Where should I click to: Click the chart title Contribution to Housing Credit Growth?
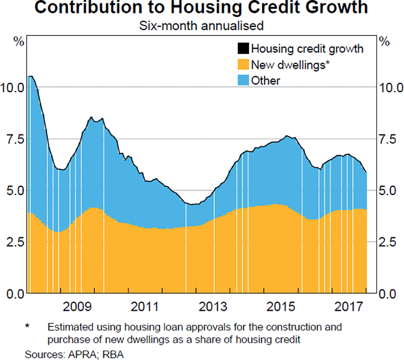[x=201, y=9]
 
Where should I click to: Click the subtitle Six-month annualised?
[x=201, y=26]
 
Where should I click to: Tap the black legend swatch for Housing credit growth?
[x=242, y=48]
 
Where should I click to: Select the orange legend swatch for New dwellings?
[x=242, y=65]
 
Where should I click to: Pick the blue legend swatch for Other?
[x=242, y=81]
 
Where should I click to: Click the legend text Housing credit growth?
[x=306, y=48]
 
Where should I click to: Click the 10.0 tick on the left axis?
[x=13, y=87]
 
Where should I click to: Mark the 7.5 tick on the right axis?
[x=387, y=139]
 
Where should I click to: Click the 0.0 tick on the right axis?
[x=387, y=293]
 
